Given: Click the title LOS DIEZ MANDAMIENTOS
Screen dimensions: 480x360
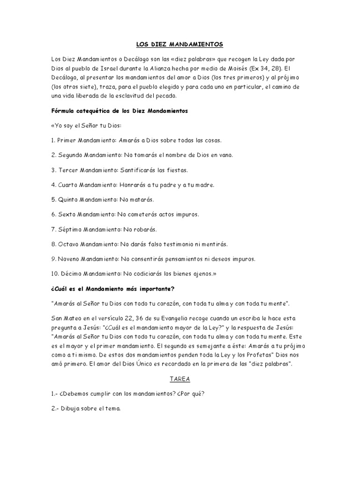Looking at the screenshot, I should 180,44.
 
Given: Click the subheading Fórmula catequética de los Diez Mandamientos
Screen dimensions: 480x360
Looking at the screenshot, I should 119,111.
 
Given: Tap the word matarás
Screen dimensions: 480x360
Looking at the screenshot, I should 141,199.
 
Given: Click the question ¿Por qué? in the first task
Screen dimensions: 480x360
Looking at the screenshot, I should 190,393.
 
